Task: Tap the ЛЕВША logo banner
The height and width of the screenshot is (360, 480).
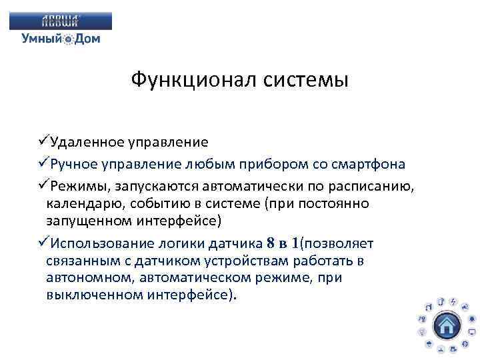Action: coord(61,21)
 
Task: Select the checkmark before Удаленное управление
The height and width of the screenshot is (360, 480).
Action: coord(44,141)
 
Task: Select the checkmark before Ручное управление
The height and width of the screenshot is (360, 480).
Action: coord(44,164)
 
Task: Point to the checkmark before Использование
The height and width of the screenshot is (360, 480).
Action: coord(44,243)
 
